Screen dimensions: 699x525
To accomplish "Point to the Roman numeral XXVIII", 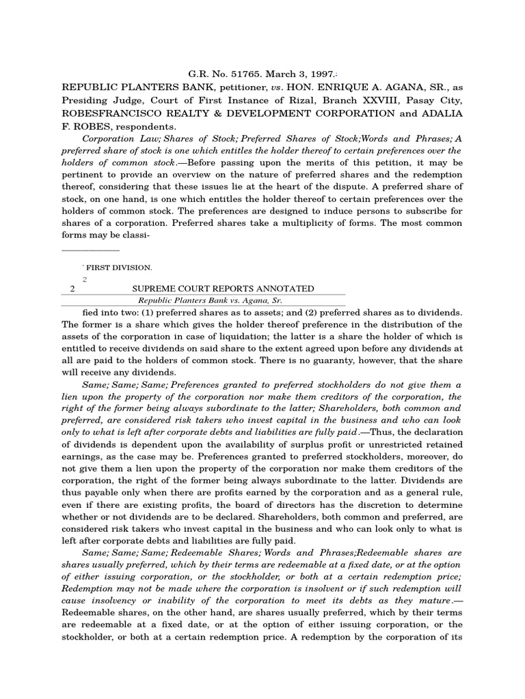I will (x=357, y=100).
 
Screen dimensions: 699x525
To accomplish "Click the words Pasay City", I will (x=433, y=100).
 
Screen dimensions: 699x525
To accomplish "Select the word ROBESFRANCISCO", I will (x=117, y=113).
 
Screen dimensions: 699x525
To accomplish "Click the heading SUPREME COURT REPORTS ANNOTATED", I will (x=224, y=289).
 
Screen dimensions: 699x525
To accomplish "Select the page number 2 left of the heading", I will (x=72, y=289).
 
